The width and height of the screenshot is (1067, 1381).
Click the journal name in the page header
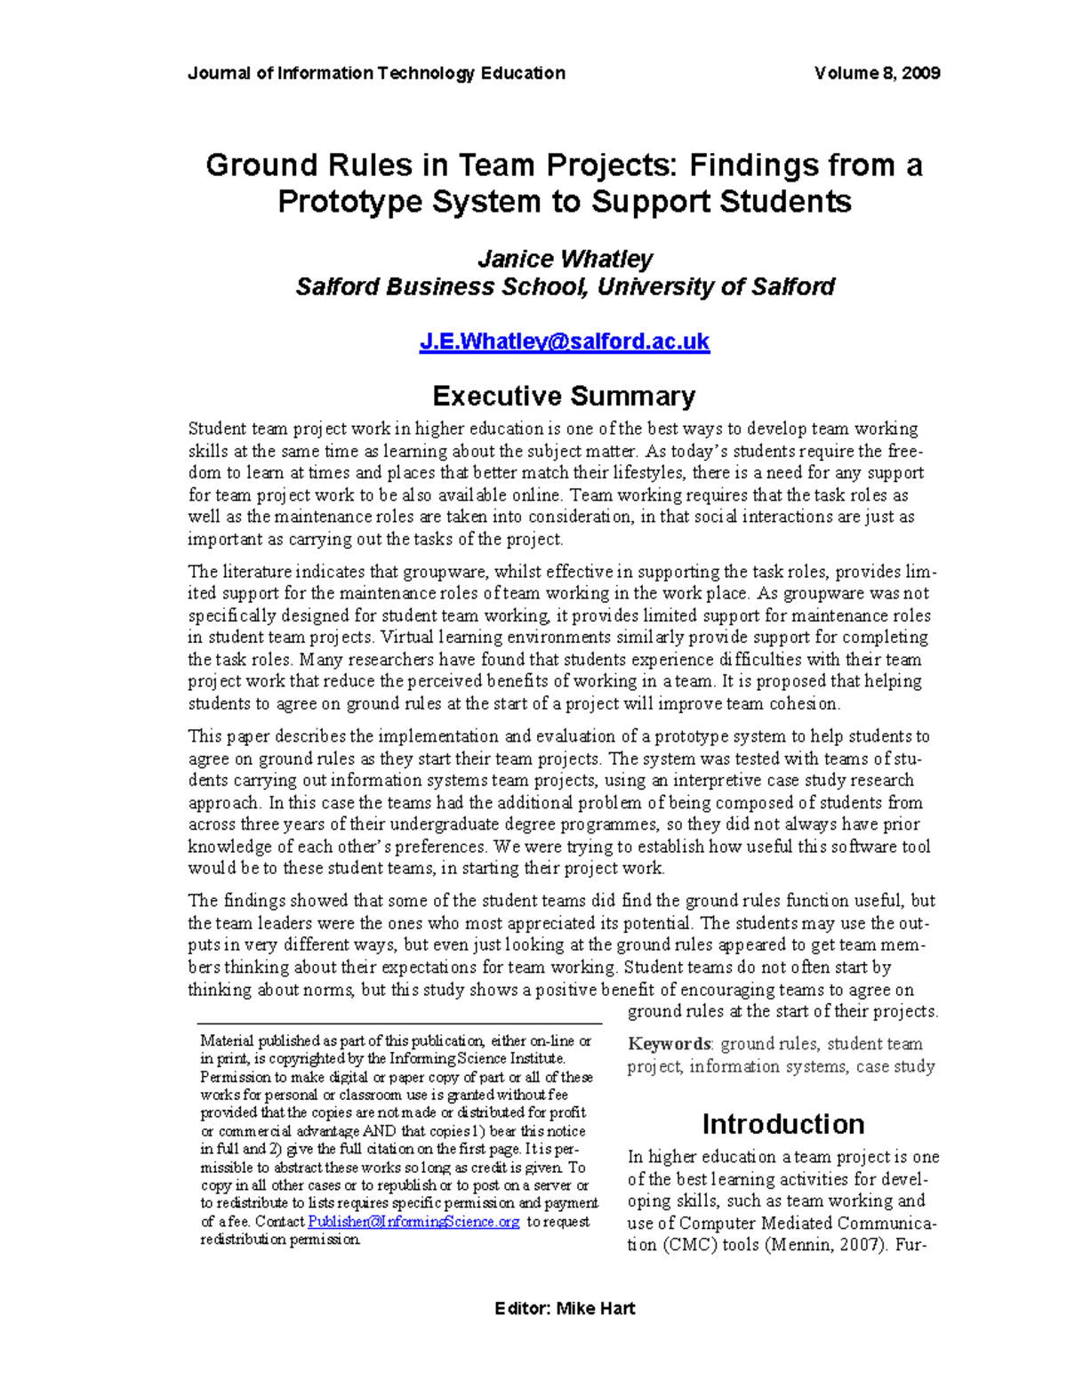pyautogui.click(x=376, y=73)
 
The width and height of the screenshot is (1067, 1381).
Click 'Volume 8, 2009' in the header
pyautogui.click(x=877, y=73)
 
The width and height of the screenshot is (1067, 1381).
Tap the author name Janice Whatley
pyautogui.click(x=565, y=259)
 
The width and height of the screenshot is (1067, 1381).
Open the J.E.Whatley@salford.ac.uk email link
pyautogui.click(x=564, y=341)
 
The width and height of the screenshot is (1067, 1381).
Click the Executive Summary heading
pyautogui.click(x=564, y=396)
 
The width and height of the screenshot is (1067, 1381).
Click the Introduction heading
pyautogui.click(x=782, y=1124)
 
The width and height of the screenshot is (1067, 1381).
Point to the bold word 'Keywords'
pyautogui.click(x=670, y=1044)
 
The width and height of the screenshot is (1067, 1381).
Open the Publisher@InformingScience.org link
pyautogui.click(x=413, y=1222)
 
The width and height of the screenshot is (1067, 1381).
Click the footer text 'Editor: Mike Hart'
pyautogui.click(x=565, y=1308)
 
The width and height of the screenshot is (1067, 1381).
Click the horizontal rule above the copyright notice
pyautogui.click(x=399, y=1024)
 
